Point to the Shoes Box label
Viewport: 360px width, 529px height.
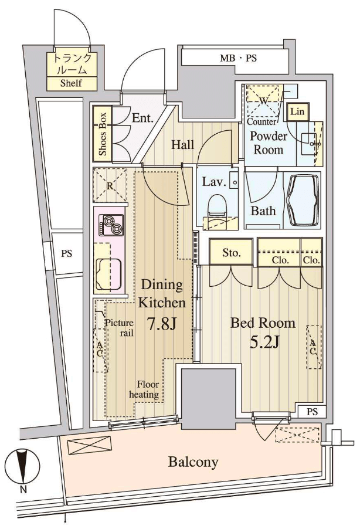(x=103, y=134)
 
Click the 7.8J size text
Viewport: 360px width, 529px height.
(x=162, y=324)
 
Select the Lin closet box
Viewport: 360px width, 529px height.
(x=297, y=111)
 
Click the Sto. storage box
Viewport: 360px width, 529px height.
(x=231, y=252)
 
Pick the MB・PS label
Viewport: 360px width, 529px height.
(x=238, y=59)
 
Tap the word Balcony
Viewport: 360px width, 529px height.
(x=193, y=462)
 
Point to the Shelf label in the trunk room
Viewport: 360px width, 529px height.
(x=71, y=83)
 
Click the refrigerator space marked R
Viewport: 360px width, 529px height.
(x=110, y=185)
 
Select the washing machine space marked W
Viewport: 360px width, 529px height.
(x=264, y=100)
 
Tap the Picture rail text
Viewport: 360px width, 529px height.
(x=119, y=328)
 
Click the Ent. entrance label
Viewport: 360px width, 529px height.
(x=142, y=118)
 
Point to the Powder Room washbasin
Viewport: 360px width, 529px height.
(x=310, y=143)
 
